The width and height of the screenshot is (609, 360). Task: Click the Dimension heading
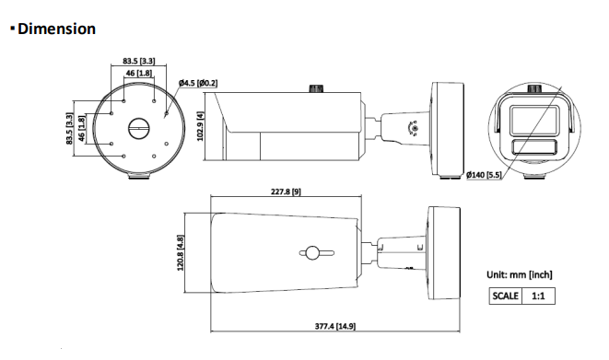(x=56, y=29)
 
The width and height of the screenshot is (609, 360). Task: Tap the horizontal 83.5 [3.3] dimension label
(x=138, y=61)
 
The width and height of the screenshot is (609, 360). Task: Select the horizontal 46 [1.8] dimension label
(x=138, y=73)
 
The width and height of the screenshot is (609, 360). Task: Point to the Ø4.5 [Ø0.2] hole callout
(x=198, y=83)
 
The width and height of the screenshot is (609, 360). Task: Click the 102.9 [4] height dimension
(x=201, y=126)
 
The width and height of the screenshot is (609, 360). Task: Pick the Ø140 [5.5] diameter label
(x=484, y=175)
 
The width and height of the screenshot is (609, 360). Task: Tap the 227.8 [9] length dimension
(x=286, y=192)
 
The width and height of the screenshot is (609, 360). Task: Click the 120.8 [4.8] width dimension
(x=181, y=252)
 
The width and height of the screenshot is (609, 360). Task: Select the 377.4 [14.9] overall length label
(x=334, y=326)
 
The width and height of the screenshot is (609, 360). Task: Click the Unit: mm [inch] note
(x=520, y=274)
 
